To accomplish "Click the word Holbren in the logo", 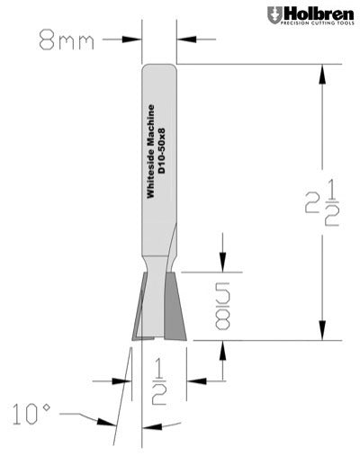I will [x=316, y=13].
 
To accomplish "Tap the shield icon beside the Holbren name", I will [x=274, y=15].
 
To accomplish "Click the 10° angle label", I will [x=32, y=415].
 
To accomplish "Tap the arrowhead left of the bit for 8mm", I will [x=136, y=39].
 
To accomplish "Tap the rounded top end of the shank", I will [x=158, y=67].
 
